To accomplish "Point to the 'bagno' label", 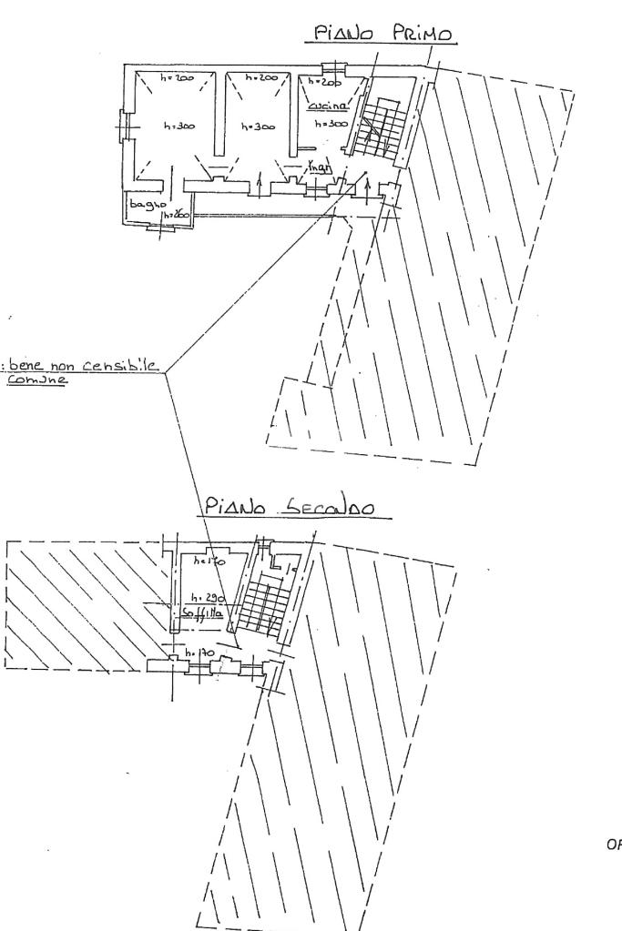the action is [x=144, y=205].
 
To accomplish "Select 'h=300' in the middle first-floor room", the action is [x=256, y=126].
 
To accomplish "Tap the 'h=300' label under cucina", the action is [x=330, y=123].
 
